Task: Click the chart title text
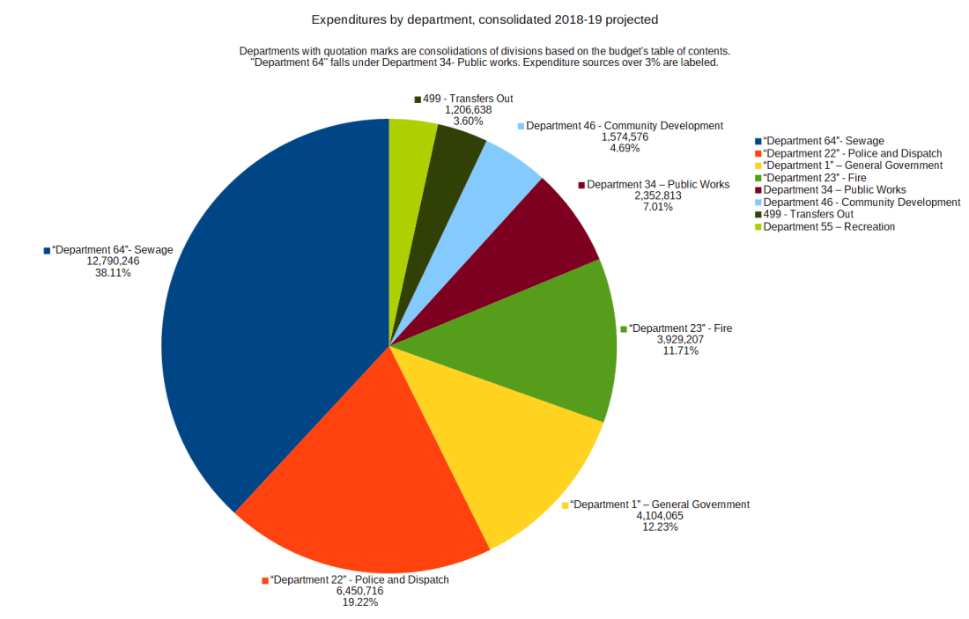pos(484,18)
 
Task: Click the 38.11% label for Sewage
pos(113,273)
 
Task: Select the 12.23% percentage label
pos(661,527)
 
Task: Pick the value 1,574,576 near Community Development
pos(625,136)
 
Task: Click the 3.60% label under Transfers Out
pos(468,121)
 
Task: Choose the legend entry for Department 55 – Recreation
pos(828,226)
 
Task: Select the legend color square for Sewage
pos(758,141)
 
